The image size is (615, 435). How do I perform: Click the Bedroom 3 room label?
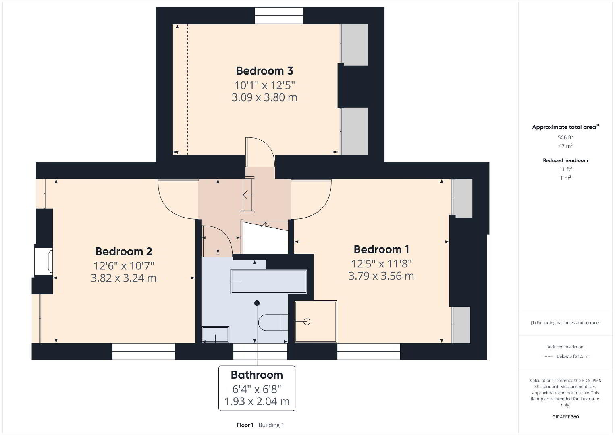(x=264, y=71)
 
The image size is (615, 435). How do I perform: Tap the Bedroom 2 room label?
(x=124, y=251)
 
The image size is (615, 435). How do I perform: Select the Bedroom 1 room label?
(x=381, y=249)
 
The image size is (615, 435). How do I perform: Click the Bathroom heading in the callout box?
(x=257, y=375)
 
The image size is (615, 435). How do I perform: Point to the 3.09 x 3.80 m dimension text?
(x=264, y=97)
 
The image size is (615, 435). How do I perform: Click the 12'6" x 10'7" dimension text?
(x=124, y=266)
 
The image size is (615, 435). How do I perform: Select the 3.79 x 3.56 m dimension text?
(x=381, y=276)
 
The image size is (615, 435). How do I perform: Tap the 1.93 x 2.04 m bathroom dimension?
(x=257, y=401)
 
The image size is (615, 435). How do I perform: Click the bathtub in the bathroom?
(x=269, y=282)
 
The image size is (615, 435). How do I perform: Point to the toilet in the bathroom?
(x=273, y=323)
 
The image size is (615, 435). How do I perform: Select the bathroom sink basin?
(x=215, y=334)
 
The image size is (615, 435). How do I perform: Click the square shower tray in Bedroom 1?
(x=316, y=322)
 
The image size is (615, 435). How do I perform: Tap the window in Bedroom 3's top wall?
(x=278, y=16)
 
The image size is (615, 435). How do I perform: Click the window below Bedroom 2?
(x=143, y=351)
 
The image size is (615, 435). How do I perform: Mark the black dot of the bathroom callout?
(x=257, y=303)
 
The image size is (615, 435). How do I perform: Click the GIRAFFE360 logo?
(x=565, y=417)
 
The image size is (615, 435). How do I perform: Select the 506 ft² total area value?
(x=565, y=137)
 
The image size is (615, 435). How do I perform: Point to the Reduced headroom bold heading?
(x=565, y=160)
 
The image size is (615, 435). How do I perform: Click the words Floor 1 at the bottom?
(x=245, y=425)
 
